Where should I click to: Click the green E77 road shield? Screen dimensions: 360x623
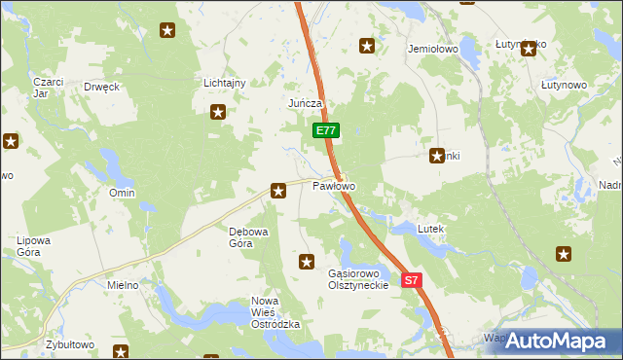click(326, 130)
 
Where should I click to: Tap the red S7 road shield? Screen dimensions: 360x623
click(411, 280)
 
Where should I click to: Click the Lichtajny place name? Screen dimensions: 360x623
click(224, 83)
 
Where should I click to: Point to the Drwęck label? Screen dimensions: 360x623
click(101, 87)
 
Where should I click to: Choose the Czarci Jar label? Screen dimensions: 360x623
click(48, 88)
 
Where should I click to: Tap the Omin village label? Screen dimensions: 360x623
click(122, 194)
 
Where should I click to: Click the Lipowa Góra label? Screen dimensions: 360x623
click(33, 245)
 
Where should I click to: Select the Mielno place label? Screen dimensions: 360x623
click(122, 285)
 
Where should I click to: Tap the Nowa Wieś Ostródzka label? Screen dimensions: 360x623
click(275, 312)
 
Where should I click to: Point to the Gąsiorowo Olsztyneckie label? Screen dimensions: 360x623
click(358, 279)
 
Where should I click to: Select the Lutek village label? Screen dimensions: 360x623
click(430, 229)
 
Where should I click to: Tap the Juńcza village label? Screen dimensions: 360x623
click(305, 103)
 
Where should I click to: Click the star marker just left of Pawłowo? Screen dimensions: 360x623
click(279, 191)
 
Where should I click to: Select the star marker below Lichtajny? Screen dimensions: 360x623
click(218, 112)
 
